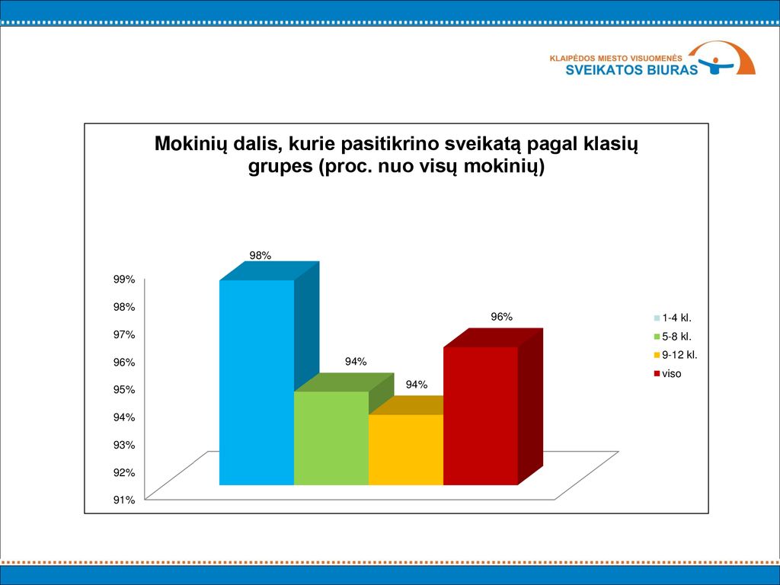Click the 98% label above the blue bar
click(261, 256)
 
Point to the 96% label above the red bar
click(501, 317)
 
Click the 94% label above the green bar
click(356, 362)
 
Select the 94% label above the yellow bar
click(417, 385)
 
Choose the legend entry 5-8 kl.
click(673, 337)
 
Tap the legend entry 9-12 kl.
click(676, 355)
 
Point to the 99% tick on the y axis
click(124, 280)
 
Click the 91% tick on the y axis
click(124, 500)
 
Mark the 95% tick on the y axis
click(124, 389)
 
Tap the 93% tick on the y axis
click(124, 445)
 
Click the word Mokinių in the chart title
click(190, 144)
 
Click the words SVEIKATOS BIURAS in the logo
click(631, 69)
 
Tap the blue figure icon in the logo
click(716, 66)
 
